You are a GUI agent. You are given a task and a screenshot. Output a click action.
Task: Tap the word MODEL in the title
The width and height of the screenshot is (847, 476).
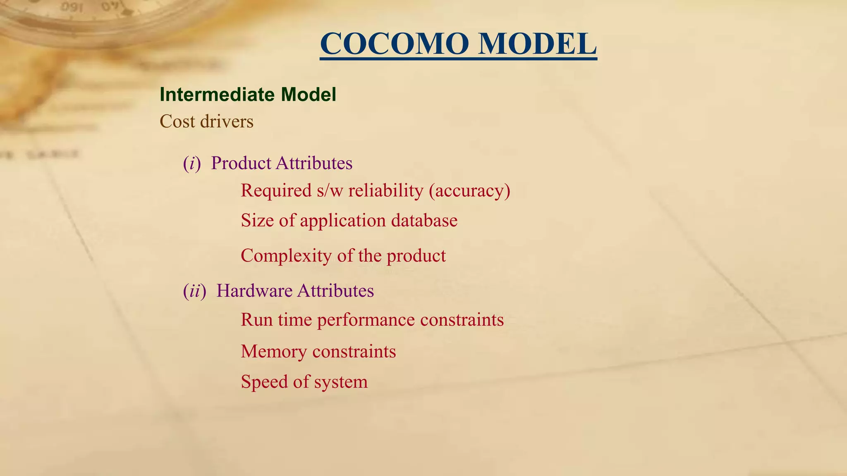pos(537,44)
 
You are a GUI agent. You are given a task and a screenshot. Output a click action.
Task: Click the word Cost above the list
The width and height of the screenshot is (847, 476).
pos(177,121)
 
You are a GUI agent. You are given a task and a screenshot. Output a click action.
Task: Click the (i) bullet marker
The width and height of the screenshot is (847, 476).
pos(192,164)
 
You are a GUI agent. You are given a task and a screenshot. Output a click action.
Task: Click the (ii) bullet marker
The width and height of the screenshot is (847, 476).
pos(194,291)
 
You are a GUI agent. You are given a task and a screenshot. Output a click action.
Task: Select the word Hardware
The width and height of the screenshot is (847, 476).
pos(254,291)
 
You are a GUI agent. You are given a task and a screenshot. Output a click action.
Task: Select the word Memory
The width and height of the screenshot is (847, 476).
pos(274,352)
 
